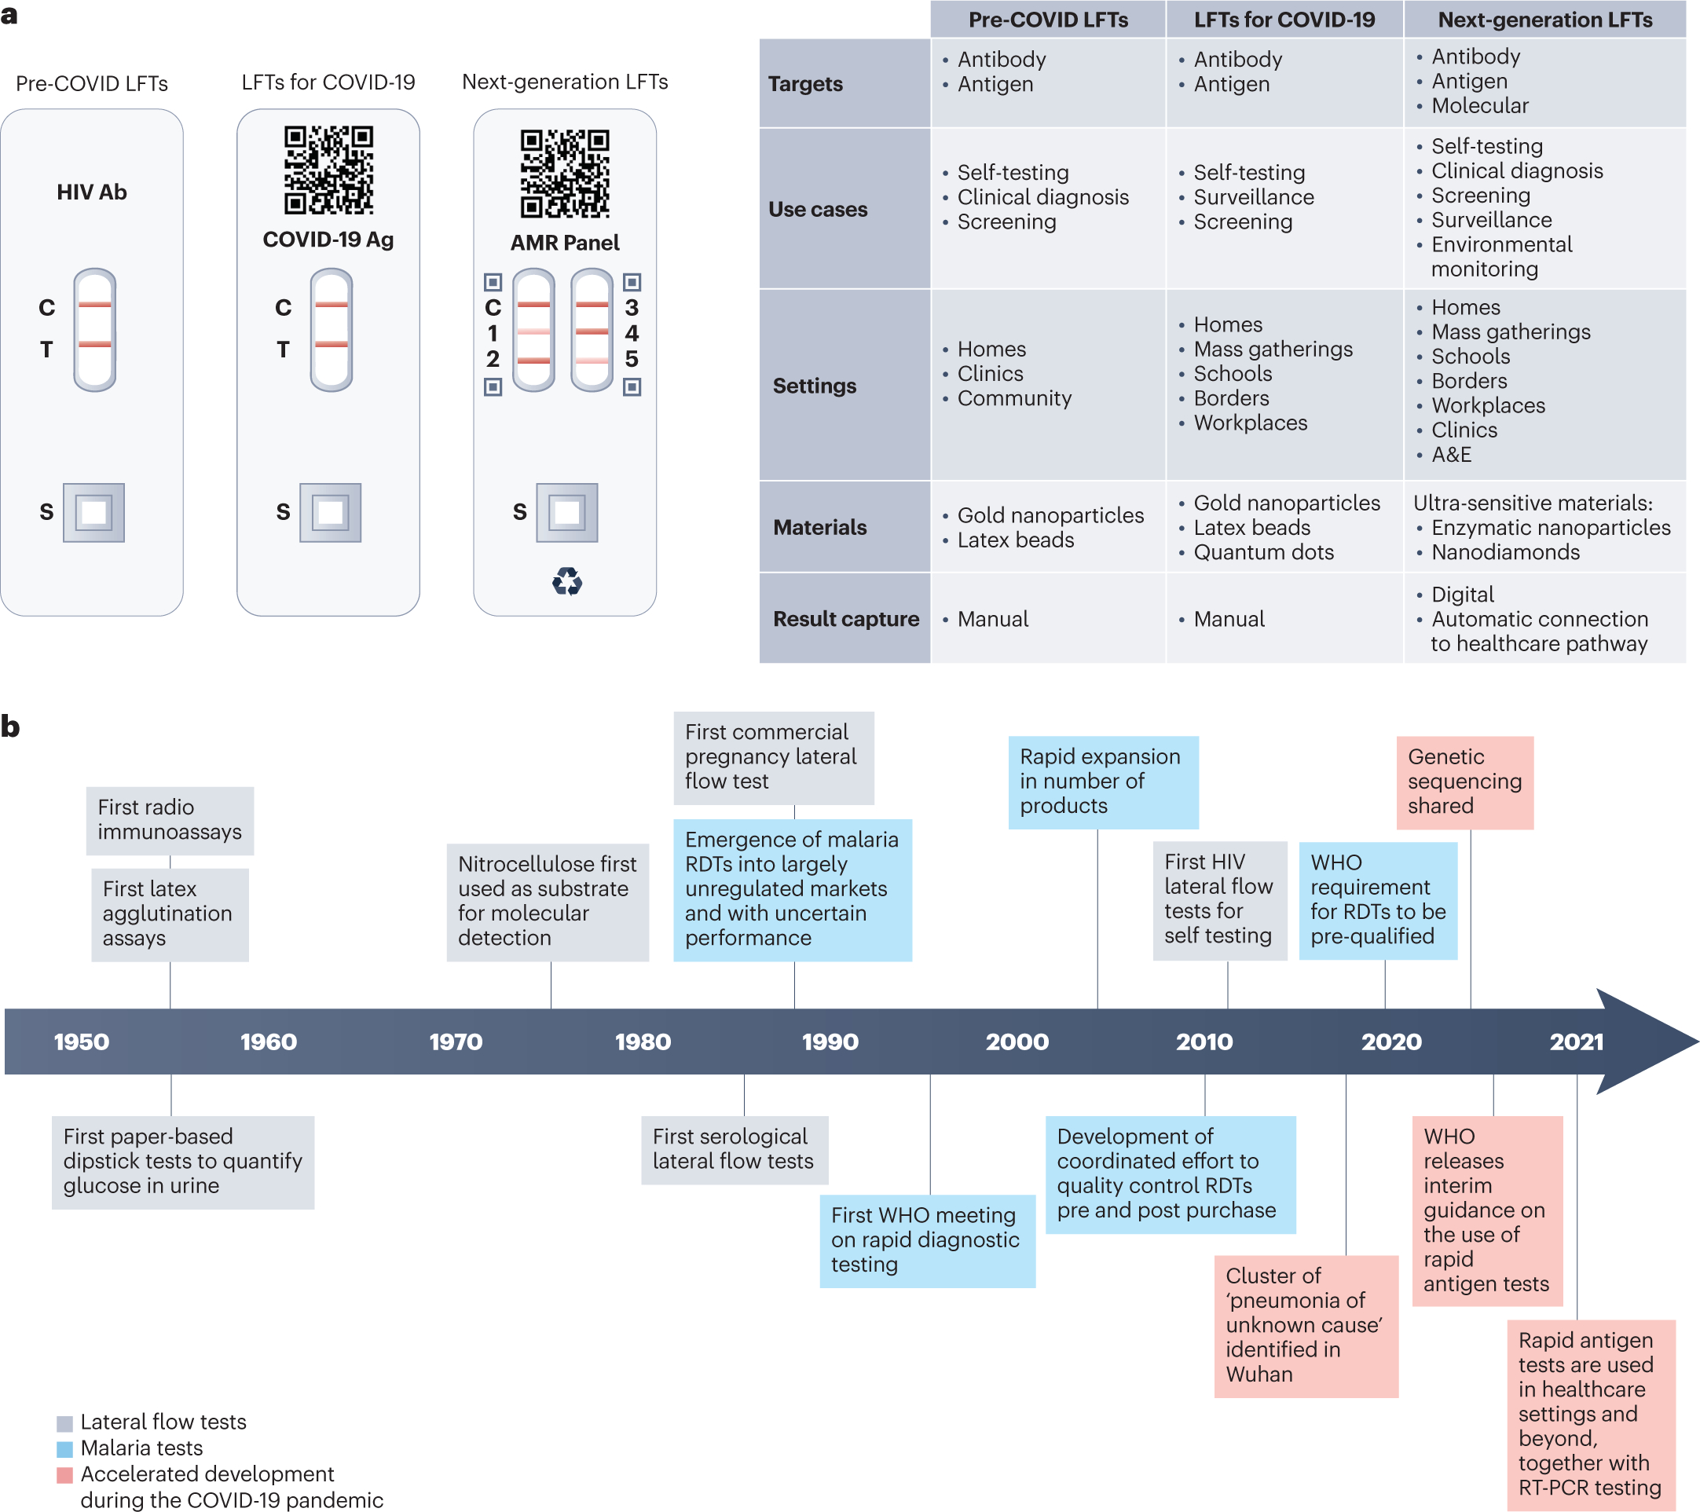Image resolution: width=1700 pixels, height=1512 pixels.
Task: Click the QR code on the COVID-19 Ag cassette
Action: (328, 170)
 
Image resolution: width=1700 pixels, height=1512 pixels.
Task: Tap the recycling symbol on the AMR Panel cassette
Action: (566, 581)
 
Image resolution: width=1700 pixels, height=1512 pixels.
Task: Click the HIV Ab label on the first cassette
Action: (91, 192)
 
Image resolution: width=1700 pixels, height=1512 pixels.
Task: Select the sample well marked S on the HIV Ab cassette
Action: (94, 512)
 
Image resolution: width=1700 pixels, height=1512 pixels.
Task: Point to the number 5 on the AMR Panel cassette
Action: (632, 359)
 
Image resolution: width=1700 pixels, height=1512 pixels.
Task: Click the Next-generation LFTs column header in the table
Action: (1544, 20)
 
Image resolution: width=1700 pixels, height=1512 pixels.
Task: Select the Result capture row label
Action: (845, 619)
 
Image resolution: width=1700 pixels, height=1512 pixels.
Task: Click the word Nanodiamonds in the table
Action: (1504, 552)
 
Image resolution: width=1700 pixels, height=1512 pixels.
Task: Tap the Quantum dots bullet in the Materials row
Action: (1262, 552)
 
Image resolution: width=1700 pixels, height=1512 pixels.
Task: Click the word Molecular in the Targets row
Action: (1479, 105)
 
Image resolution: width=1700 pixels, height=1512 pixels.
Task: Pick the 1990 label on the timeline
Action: (830, 1042)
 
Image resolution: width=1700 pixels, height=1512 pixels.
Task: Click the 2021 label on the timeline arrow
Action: (1576, 1042)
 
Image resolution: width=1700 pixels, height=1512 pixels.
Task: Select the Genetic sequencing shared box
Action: (1464, 782)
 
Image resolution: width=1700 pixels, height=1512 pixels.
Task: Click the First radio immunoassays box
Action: (170, 820)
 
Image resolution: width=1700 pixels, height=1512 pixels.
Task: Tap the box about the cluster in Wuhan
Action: (1305, 1325)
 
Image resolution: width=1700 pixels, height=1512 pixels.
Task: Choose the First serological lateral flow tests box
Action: (734, 1149)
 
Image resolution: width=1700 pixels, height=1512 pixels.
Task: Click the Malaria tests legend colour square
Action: (65, 1449)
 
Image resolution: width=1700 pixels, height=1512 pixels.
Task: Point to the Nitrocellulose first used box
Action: (548, 902)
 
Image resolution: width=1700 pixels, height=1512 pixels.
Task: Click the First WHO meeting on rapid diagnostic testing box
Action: (926, 1240)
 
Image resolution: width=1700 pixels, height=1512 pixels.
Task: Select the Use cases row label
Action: (818, 210)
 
